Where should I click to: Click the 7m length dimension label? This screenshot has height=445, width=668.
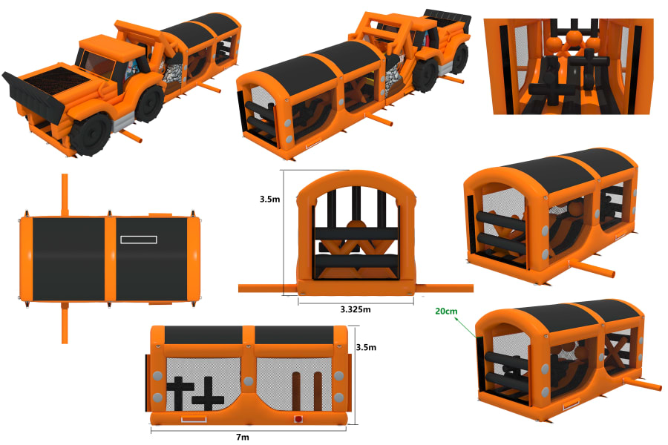(x=243, y=438)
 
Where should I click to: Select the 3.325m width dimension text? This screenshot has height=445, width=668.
(x=356, y=309)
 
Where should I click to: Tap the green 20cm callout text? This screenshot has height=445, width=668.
(x=446, y=311)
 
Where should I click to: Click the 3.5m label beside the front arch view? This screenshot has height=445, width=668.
(x=269, y=199)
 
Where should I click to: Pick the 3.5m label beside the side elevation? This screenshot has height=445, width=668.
(x=366, y=348)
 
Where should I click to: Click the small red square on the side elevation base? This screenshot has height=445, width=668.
(x=298, y=419)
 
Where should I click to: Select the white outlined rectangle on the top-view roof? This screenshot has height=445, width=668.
(x=139, y=240)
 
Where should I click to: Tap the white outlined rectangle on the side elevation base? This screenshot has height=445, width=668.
(x=194, y=419)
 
